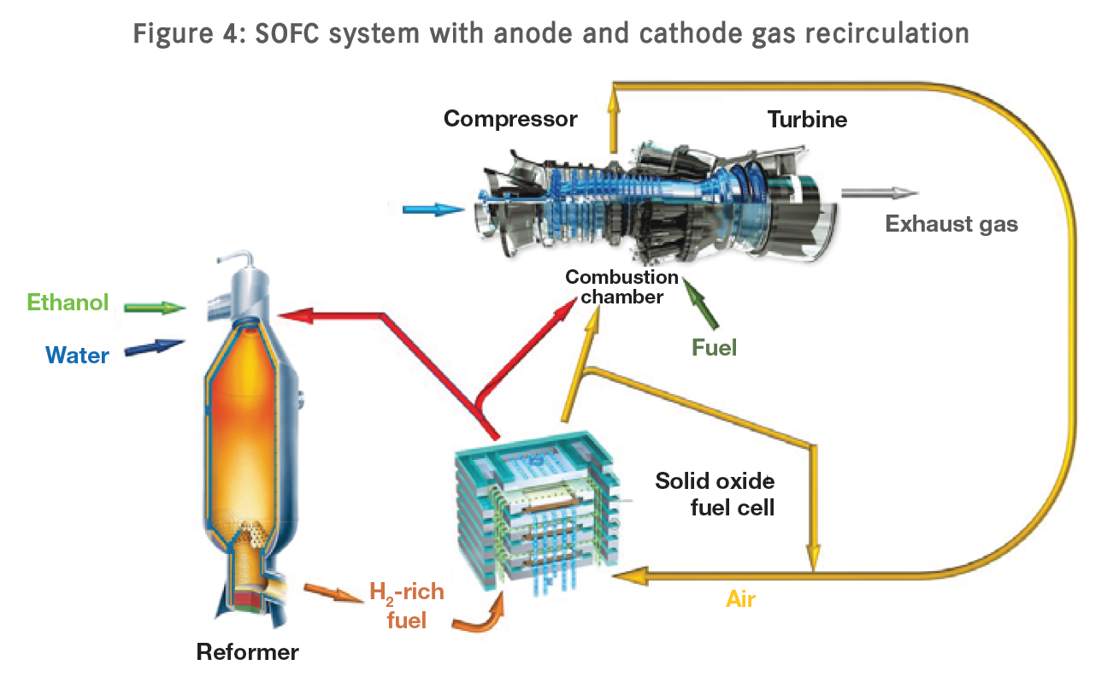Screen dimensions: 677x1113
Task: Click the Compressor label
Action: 510,119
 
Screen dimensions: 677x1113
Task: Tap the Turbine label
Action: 807,119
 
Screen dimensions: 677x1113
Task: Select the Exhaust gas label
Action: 951,224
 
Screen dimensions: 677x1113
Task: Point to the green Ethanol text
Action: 68,303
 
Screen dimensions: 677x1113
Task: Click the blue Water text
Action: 78,354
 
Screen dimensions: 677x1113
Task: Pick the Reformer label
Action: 248,652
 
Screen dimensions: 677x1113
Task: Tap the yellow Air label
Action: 741,599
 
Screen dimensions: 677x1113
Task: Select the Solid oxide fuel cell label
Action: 715,493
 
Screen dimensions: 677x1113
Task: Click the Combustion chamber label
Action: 621,287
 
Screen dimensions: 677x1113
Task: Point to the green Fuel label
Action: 714,347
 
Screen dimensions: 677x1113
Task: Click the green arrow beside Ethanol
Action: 155,306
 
